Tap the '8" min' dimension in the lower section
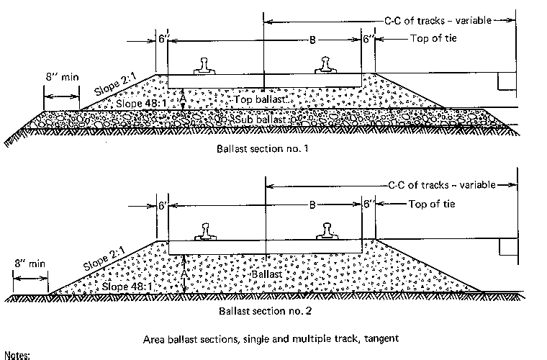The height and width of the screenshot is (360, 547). [28, 264]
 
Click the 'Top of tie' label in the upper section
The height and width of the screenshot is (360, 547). [433, 37]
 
